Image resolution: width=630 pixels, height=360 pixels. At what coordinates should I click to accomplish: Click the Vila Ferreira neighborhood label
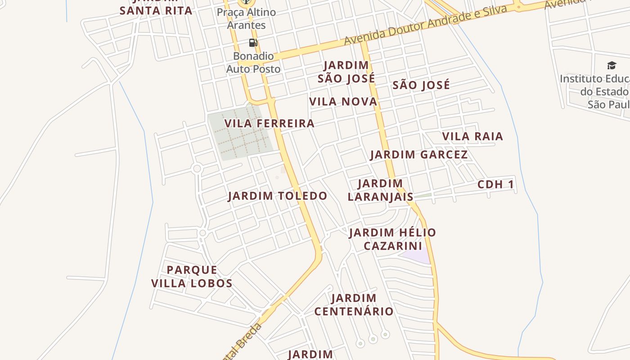(269, 123)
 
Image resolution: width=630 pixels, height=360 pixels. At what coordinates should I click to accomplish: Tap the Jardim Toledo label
(277, 196)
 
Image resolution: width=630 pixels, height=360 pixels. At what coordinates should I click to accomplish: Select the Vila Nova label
(343, 102)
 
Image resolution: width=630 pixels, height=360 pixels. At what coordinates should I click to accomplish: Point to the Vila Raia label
(472, 136)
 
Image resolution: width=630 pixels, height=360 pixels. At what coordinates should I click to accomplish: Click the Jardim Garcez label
(418, 155)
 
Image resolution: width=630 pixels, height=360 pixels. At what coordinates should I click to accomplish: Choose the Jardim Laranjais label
(380, 190)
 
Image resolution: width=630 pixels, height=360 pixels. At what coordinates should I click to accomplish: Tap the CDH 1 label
(495, 184)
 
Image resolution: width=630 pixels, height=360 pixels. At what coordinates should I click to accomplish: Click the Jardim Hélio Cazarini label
(392, 239)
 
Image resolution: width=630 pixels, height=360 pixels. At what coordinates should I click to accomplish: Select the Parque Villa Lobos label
(192, 277)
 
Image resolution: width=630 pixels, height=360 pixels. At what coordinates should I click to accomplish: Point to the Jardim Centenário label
(354, 305)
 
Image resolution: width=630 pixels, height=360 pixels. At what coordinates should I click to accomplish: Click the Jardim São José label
(346, 72)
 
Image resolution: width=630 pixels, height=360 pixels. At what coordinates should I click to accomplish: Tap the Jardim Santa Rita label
(156, 10)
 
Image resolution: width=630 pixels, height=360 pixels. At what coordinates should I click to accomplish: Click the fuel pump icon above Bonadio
(253, 43)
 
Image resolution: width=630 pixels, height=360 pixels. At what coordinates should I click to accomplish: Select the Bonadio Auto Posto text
(253, 63)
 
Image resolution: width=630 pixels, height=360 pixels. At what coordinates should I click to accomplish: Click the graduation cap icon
(611, 66)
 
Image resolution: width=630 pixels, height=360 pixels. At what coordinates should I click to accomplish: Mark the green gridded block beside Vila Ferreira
(238, 133)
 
